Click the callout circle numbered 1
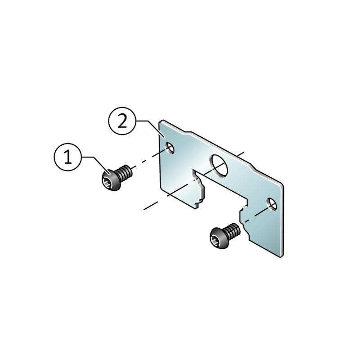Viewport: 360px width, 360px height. (68, 157)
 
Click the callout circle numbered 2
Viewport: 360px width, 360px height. (122, 121)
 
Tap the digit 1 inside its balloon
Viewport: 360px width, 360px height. (68, 157)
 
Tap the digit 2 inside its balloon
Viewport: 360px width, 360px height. (122, 121)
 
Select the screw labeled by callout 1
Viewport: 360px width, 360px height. (117, 177)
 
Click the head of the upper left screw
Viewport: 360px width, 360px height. (111, 180)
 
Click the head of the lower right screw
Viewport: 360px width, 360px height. (219, 238)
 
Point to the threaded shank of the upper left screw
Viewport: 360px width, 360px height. (124, 173)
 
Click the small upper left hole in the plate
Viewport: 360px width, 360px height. (170, 148)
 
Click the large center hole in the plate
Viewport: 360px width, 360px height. (218, 166)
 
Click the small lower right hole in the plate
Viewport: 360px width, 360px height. (272, 204)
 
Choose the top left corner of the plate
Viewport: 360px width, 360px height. (162, 121)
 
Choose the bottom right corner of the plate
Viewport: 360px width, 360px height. (280, 256)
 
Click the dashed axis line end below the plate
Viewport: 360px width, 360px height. (144, 209)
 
